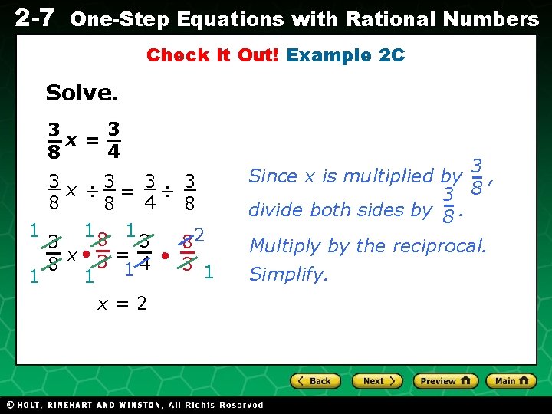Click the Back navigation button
[314, 381]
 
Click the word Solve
[82, 94]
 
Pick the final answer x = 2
[122, 303]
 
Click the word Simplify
[289, 274]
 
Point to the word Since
[273, 176]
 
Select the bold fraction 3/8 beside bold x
[54, 140]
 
